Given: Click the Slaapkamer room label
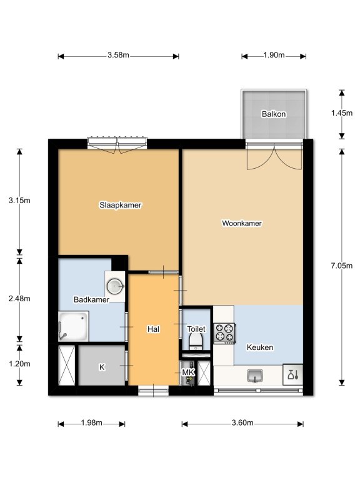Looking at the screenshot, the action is (x=120, y=205).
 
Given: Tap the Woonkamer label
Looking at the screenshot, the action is (x=242, y=223).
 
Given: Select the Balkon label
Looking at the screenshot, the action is (x=274, y=114).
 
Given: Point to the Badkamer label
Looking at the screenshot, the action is (x=91, y=299).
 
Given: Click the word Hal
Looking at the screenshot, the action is (x=153, y=329).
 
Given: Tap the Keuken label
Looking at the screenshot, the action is (x=260, y=347).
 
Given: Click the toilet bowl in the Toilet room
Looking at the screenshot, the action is (x=196, y=341).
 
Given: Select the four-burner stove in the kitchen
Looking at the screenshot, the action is (x=225, y=333).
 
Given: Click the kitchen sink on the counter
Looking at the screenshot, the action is (x=255, y=376).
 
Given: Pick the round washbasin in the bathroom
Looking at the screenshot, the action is (x=115, y=286).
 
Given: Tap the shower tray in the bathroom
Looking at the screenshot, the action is (x=74, y=326).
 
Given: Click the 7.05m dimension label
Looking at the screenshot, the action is (x=342, y=266).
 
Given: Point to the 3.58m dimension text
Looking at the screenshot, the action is (x=118, y=55).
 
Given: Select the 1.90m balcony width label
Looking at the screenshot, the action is (x=274, y=55).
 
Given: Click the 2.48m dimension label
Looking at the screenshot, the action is (x=19, y=299).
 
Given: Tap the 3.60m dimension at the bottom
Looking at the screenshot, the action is (x=242, y=422).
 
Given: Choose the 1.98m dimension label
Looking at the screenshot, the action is (x=91, y=422).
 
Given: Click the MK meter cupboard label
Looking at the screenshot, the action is (x=188, y=372).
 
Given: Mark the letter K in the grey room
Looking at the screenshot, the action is (x=102, y=367).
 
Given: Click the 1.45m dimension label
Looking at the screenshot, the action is (x=342, y=113).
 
